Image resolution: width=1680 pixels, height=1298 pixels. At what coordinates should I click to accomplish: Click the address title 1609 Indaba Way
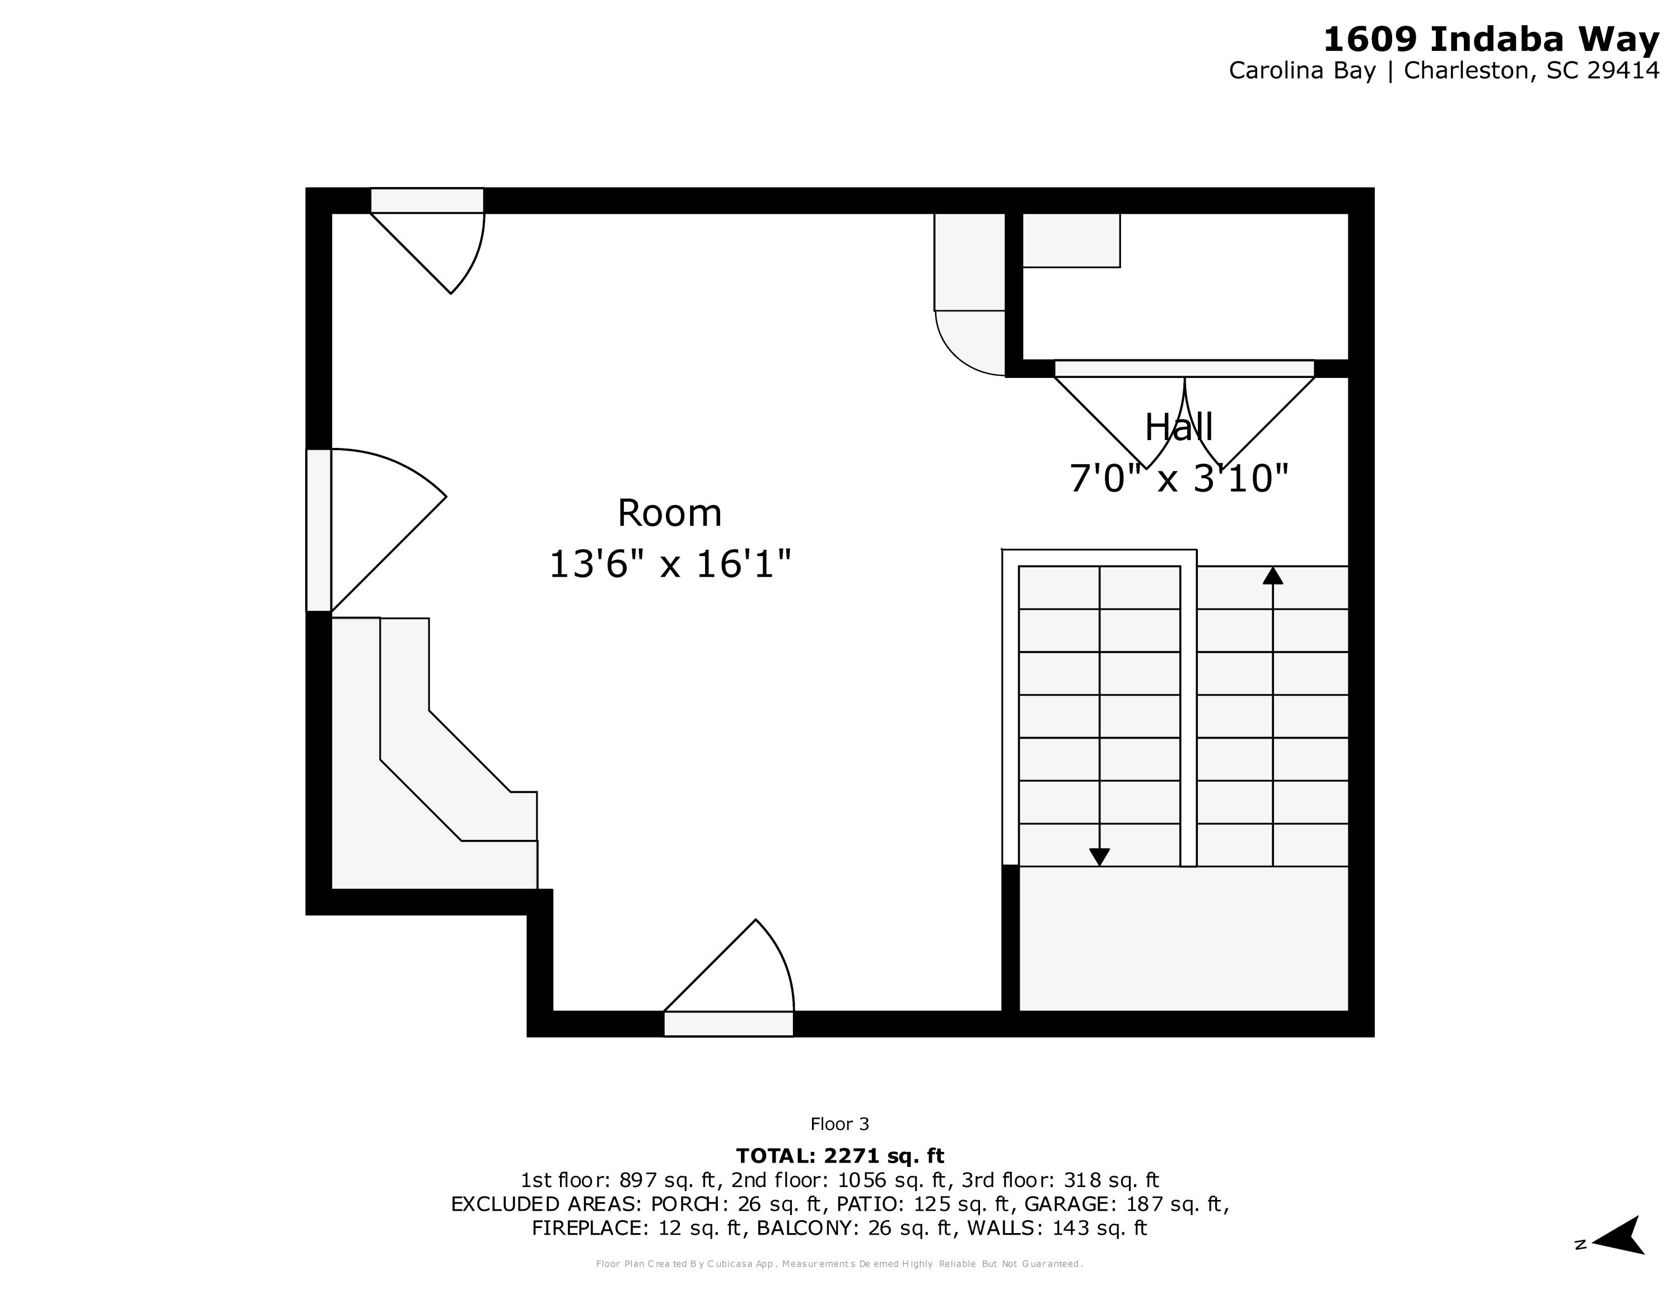click(1490, 40)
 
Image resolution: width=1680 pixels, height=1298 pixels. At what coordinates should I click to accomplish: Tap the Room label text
click(669, 513)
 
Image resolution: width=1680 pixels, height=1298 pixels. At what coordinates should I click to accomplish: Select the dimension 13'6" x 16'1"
click(669, 564)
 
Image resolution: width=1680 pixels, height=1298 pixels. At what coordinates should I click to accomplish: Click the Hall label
click(1178, 428)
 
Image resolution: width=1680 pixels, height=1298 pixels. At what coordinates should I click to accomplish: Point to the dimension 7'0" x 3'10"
click(1178, 478)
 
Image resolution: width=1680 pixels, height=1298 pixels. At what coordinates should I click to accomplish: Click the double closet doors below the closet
click(1184, 415)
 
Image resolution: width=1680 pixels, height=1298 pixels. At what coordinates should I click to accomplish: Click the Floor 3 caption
click(839, 1124)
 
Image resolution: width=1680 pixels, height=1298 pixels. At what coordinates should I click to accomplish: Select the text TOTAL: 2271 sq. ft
click(839, 1156)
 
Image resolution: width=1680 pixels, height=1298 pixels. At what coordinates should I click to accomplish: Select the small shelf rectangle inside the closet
click(1071, 241)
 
